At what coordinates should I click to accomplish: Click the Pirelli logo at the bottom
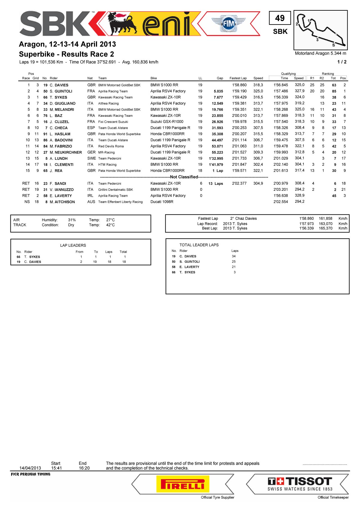[x=183, y=484]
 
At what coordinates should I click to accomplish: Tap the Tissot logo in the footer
[x=300, y=484]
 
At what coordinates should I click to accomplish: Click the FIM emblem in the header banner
[x=228, y=24]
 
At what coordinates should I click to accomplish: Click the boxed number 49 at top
[x=280, y=18]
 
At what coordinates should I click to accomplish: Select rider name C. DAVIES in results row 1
[x=59, y=85]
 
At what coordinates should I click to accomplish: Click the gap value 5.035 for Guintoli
[x=218, y=91]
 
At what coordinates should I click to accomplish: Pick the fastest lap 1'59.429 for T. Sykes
[x=239, y=97]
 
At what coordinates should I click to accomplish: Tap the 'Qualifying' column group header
[x=288, y=74]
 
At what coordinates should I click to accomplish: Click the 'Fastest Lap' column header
[x=238, y=78]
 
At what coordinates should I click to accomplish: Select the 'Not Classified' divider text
[x=184, y=177]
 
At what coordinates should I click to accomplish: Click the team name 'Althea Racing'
[x=108, y=104]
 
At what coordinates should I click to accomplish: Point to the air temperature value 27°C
[x=110, y=220]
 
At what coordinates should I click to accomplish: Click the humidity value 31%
[x=72, y=220]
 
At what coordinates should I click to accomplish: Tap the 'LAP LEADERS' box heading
[x=73, y=245]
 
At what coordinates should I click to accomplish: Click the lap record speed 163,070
[x=325, y=224]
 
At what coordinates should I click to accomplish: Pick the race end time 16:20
[x=84, y=468]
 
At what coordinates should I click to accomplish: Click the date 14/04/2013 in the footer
[x=30, y=468]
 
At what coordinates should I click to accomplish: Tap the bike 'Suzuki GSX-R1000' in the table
[x=167, y=122]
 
